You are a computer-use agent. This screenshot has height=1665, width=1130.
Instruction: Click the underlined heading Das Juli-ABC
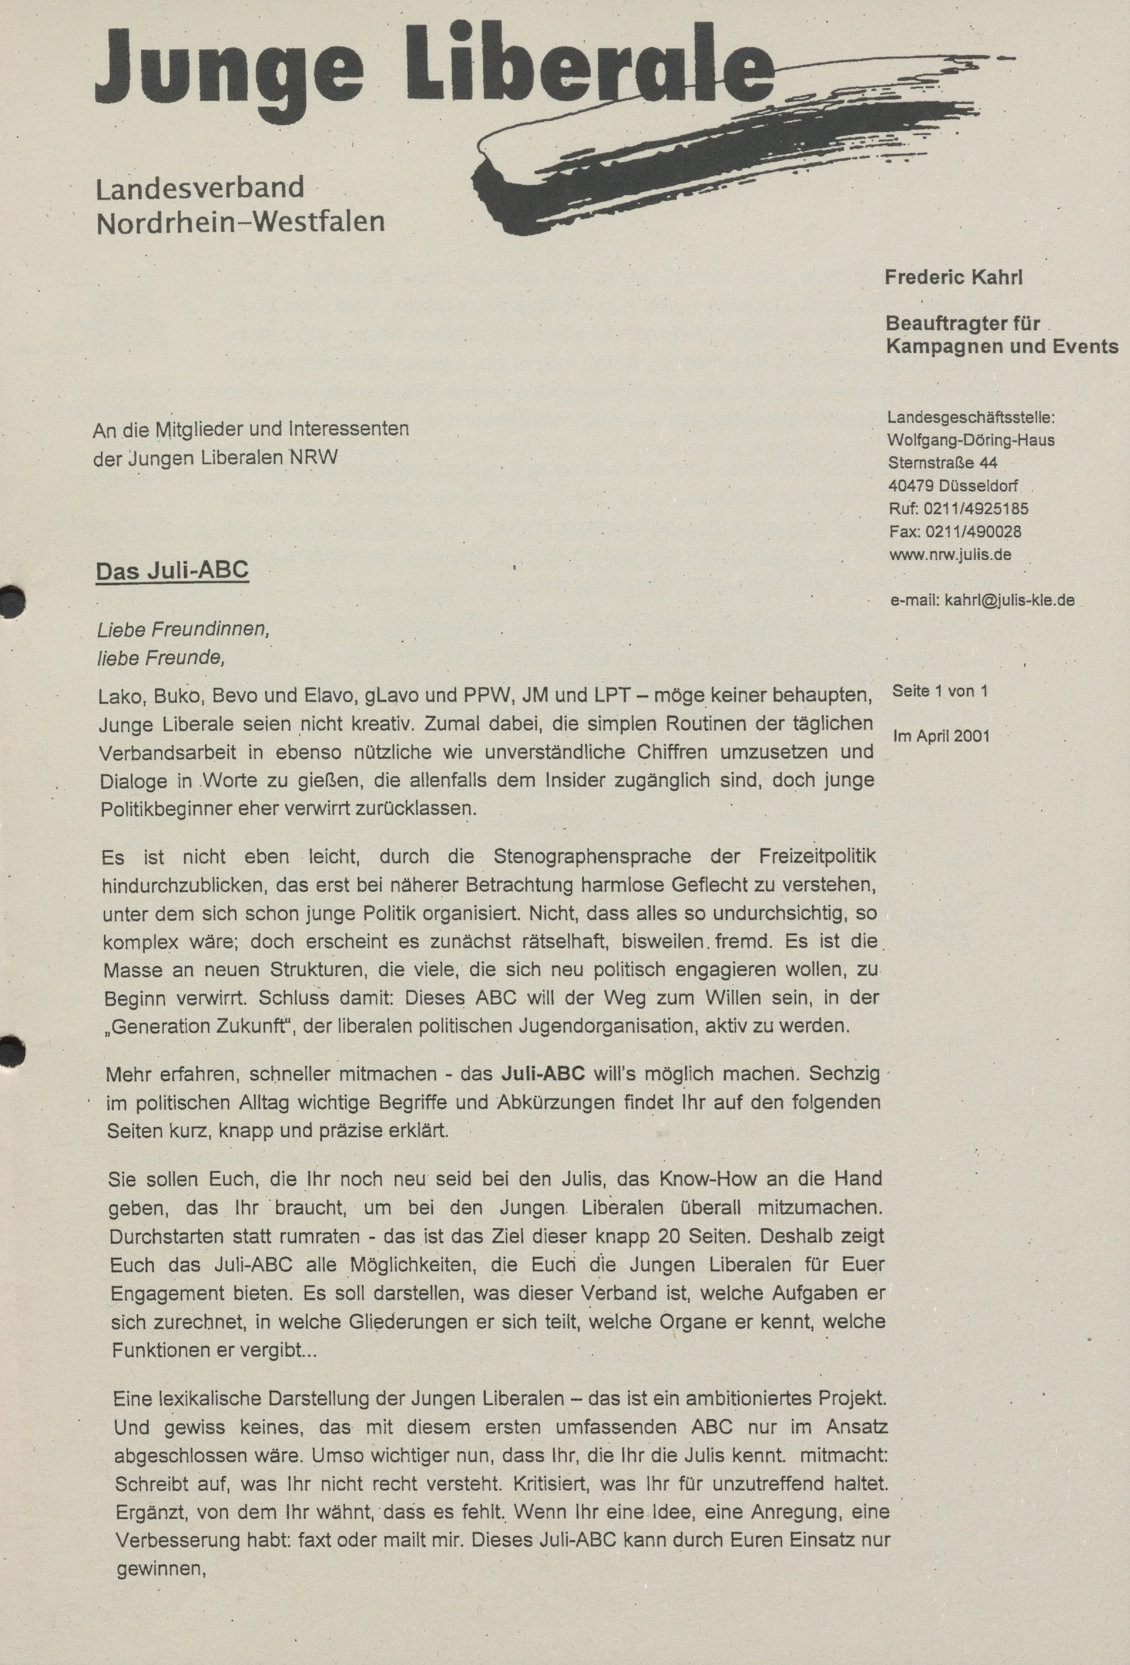tap(172, 570)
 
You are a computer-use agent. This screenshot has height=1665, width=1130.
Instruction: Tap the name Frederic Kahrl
tap(954, 278)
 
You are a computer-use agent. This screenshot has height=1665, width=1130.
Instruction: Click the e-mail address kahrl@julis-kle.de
tap(1010, 600)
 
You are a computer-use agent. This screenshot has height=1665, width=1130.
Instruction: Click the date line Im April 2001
tap(941, 736)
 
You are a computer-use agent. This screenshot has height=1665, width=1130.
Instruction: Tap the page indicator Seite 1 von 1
tap(939, 691)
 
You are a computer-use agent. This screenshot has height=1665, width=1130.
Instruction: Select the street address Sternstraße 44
tap(942, 463)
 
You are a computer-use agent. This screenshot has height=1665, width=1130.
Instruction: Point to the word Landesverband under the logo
tap(200, 189)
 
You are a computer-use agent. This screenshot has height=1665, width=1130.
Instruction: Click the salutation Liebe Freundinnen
tap(183, 630)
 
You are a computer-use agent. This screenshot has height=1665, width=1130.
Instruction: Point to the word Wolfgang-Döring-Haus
tap(970, 440)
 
